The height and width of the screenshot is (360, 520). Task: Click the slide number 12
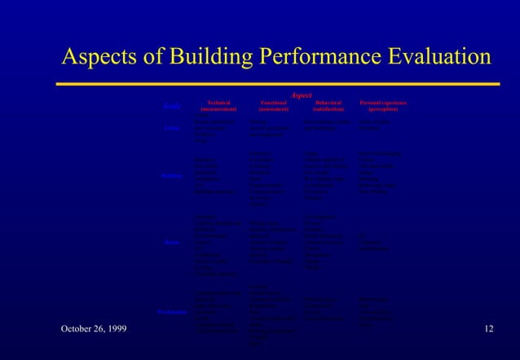point(488,328)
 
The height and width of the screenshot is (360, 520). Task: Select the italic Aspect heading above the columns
point(301,95)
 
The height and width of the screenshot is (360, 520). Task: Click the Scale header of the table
point(171,106)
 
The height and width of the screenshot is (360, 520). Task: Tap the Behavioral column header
point(328,103)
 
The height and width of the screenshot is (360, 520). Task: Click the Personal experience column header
point(383,103)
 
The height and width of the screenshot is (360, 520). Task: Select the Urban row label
point(171,128)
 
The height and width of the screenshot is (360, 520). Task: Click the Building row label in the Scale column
point(170,176)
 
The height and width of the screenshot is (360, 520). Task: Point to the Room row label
point(171,241)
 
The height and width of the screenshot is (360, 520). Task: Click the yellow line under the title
point(277,83)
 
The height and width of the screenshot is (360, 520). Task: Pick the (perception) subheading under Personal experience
point(383,109)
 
